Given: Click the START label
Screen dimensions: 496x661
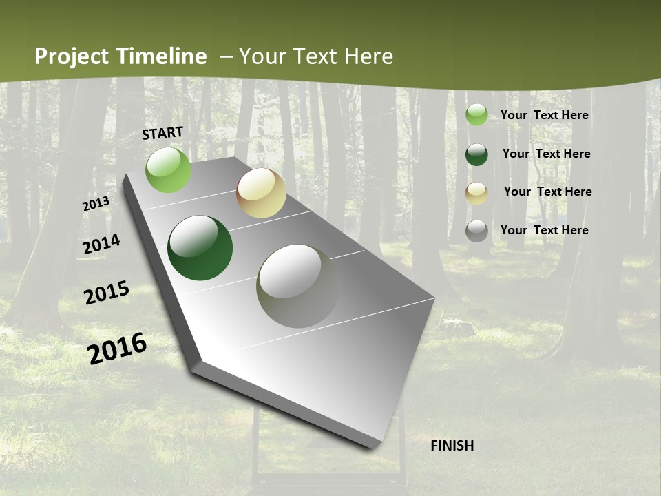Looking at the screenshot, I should click(x=162, y=133).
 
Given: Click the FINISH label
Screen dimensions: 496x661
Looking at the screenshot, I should click(x=452, y=446).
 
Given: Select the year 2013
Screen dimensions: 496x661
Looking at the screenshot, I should click(x=96, y=204).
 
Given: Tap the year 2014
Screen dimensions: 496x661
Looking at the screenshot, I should click(x=101, y=245).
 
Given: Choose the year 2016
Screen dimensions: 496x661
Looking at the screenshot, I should click(x=117, y=349).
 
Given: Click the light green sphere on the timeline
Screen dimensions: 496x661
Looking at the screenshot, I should click(x=169, y=169).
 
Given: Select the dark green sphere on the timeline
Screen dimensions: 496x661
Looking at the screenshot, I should click(x=200, y=248).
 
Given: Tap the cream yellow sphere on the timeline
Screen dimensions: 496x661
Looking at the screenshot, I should click(x=261, y=193).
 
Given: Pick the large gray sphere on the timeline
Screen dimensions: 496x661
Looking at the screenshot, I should click(x=298, y=286).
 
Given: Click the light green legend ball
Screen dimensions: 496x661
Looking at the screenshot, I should click(x=476, y=115).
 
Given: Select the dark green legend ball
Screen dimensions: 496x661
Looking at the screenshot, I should click(x=476, y=154).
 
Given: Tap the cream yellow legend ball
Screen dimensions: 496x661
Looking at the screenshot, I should click(x=476, y=193).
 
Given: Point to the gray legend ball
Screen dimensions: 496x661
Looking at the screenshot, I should click(x=476, y=231).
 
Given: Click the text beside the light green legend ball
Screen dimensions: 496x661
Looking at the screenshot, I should click(x=544, y=115).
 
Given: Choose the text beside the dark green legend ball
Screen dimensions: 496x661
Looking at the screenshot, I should click(x=546, y=154).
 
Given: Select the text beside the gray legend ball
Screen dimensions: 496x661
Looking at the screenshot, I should click(x=544, y=230).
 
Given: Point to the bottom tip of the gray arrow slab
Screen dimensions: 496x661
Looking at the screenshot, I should click(x=373, y=447).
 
